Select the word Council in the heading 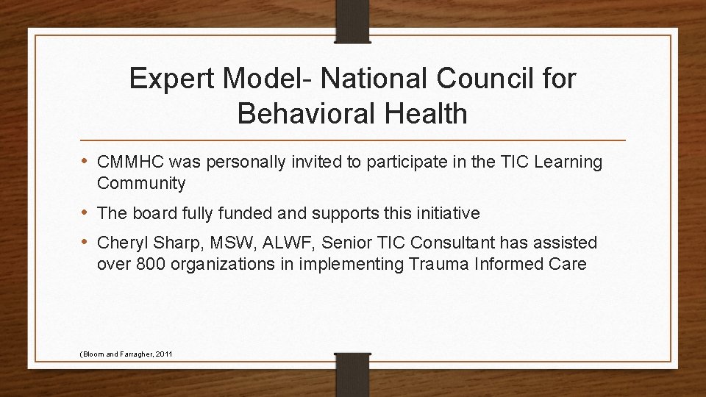tap(426, 79)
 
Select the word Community tap(141, 182)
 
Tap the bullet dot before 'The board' tap(86, 213)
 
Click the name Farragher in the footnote tap(130, 354)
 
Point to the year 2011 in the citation tap(164, 354)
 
